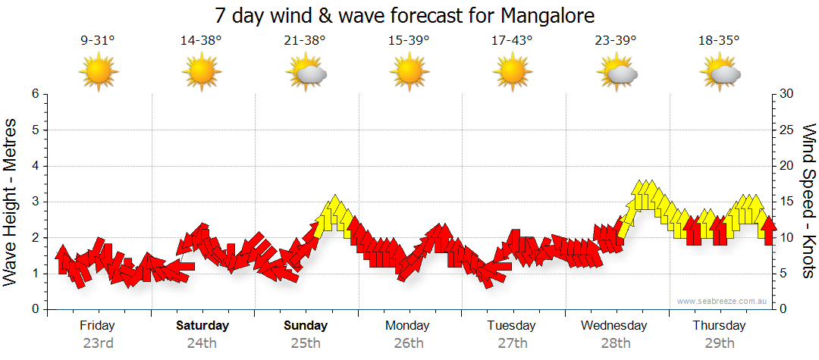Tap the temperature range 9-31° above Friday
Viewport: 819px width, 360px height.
[x=98, y=40]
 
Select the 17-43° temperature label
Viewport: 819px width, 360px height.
[x=512, y=40]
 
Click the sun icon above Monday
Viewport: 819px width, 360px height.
[x=408, y=73]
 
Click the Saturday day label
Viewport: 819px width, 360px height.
[x=202, y=326]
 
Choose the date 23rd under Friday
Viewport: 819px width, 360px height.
[x=98, y=343]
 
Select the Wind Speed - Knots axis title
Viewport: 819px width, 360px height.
[x=808, y=201]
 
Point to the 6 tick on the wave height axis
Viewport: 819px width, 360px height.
[x=34, y=94]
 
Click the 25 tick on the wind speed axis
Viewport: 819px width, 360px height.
[x=788, y=130]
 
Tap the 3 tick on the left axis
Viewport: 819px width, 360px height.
[x=34, y=202]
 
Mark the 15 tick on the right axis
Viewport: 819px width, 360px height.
[x=788, y=202]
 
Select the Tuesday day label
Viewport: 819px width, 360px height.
[x=512, y=326]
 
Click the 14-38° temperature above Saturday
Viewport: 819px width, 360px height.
[x=201, y=40]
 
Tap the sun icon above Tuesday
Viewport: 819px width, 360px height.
[x=512, y=73]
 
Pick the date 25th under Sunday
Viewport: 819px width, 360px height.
[x=306, y=343]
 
